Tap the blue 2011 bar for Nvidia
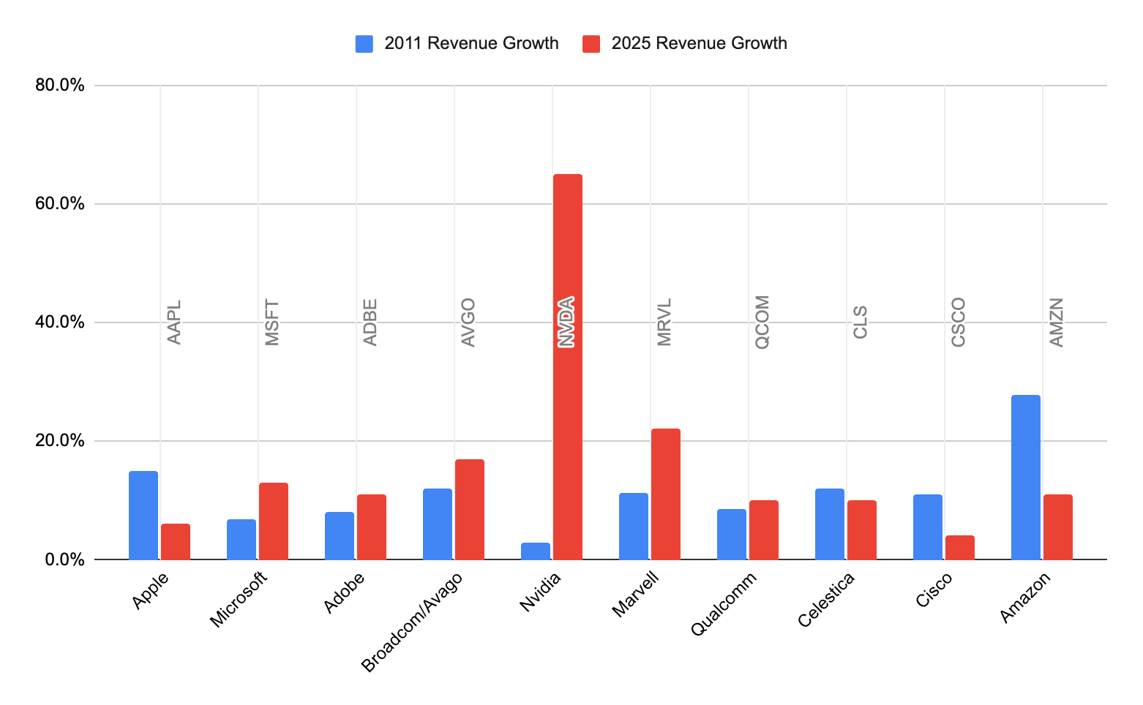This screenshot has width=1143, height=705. click(x=535, y=551)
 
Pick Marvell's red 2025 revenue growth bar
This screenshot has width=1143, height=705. click(x=665, y=494)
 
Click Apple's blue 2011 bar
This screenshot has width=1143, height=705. click(x=143, y=515)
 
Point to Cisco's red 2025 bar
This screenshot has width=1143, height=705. click(x=959, y=547)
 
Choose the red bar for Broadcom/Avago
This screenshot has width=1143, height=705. click(x=469, y=509)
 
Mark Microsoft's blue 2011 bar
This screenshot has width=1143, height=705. click(x=241, y=539)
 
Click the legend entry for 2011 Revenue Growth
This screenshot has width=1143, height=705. click(x=471, y=43)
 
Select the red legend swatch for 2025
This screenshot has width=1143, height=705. click(x=591, y=44)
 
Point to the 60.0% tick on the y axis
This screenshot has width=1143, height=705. click(x=60, y=204)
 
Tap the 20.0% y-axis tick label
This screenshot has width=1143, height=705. click(x=60, y=441)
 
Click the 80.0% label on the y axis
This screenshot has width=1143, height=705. click(x=60, y=86)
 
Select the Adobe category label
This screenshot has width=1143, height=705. click(x=344, y=592)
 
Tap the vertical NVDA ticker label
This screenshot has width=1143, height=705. click(x=566, y=322)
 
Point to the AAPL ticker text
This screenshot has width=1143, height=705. click(x=174, y=322)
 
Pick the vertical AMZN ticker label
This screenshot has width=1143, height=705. click(x=1057, y=322)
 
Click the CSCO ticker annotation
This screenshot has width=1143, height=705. click(x=959, y=322)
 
